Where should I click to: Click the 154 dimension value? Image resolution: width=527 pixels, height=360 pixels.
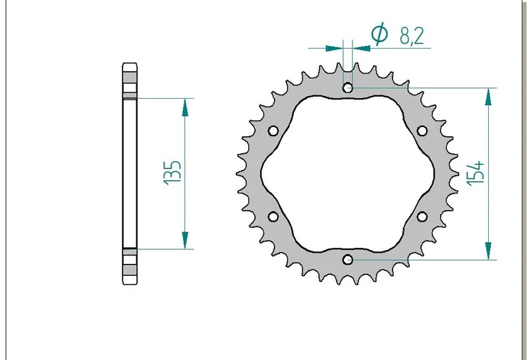tap(477, 173)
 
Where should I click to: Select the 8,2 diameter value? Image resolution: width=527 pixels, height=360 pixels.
tap(411, 36)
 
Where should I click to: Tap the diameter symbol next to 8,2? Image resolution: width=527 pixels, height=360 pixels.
tap(379, 34)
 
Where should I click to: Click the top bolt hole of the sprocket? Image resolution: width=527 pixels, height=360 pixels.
tap(348, 88)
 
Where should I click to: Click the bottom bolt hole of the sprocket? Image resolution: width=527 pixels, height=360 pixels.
tap(348, 259)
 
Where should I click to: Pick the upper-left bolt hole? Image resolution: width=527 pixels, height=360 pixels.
tap(273, 130)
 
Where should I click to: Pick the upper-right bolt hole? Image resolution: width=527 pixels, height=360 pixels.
tap(422, 130)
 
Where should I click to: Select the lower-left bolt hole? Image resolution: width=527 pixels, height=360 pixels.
tap(273, 217)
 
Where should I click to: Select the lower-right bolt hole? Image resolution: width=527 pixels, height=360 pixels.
tap(422, 217)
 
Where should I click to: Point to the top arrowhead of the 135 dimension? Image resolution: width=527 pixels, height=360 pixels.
tap(185, 105)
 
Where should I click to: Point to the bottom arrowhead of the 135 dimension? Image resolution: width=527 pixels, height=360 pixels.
tap(185, 242)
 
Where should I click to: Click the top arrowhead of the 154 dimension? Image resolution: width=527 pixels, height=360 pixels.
tap(488, 96)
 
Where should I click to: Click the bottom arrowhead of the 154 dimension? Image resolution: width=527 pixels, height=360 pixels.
tap(488, 251)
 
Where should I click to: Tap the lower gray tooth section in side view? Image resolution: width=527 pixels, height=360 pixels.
tap(129, 266)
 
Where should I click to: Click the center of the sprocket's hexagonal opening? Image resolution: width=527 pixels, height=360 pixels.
tap(348, 174)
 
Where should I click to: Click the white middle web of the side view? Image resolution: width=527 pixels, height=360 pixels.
tap(129, 173)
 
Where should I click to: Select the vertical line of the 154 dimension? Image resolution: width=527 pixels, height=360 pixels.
tap(488, 197)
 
